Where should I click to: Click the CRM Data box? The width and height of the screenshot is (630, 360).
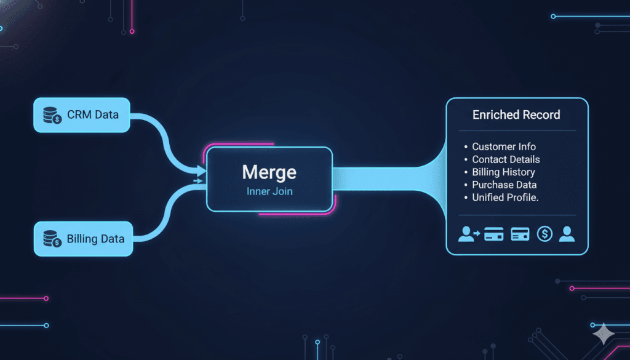pyautogui.click(x=82, y=115)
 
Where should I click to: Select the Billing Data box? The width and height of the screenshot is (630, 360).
pyautogui.click(x=83, y=239)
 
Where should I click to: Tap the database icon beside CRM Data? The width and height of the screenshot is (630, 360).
pyautogui.click(x=52, y=115)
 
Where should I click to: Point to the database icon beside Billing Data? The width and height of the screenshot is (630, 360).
pyautogui.click(x=52, y=238)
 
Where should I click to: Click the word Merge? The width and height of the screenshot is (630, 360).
pyautogui.click(x=269, y=172)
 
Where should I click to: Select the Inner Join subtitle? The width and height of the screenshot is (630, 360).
pyautogui.click(x=269, y=191)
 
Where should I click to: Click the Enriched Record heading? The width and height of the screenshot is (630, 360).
pyautogui.click(x=516, y=115)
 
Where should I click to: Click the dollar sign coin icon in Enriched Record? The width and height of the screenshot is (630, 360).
pyautogui.click(x=544, y=234)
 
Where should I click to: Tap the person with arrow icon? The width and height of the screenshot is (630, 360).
pyautogui.click(x=469, y=234)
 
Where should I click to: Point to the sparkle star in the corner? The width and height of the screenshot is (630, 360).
pyautogui.click(x=604, y=334)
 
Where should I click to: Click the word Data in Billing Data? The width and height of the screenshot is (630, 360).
pyautogui.click(x=112, y=239)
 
